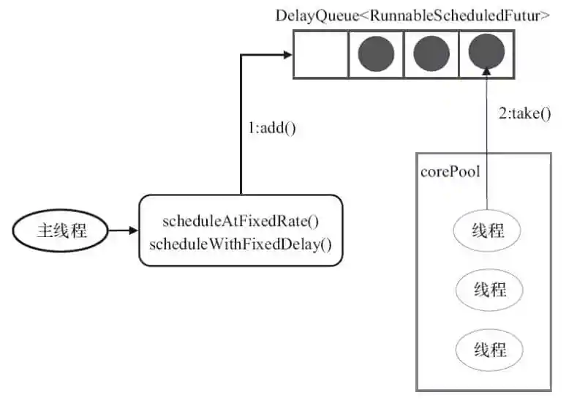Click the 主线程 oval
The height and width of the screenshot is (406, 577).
point(61,231)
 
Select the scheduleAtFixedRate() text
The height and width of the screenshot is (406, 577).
point(241,222)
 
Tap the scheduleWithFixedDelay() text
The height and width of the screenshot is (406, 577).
point(241,244)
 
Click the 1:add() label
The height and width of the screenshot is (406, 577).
point(271,127)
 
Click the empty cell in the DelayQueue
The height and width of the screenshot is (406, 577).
point(320,54)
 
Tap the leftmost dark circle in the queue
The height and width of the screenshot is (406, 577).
point(376,54)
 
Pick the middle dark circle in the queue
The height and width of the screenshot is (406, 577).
point(431,54)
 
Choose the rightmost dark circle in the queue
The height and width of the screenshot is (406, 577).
point(486,54)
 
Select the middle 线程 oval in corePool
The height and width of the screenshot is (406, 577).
point(489,289)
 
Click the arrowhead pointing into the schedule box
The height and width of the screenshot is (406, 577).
point(132,231)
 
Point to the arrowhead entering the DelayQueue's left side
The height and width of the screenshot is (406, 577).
point(287,54)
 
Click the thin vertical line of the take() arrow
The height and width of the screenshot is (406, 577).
point(486,146)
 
